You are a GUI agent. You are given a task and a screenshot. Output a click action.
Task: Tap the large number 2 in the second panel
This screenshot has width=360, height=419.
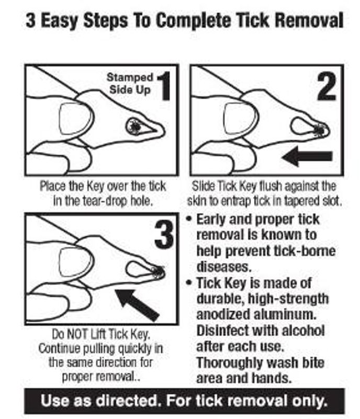click(327, 86)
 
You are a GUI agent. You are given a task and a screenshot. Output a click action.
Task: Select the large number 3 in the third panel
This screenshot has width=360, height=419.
click(164, 235)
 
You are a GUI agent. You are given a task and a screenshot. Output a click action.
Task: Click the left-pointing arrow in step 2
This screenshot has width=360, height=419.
click(307, 156)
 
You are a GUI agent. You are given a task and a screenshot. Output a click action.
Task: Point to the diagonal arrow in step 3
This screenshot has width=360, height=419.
click(137, 305)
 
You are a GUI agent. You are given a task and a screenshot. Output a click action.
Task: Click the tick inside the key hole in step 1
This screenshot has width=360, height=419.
click(135, 127)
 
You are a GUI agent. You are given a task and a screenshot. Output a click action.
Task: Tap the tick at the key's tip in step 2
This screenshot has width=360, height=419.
click(319, 129)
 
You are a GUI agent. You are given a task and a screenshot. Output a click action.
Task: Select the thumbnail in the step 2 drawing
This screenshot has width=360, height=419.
click(241, 118)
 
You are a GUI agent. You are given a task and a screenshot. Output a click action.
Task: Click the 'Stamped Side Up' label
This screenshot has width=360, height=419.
click(130, 84)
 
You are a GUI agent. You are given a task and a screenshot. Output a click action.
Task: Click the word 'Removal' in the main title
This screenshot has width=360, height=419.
click(309, 20)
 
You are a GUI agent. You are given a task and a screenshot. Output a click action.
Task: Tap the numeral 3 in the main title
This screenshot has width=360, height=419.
click(30, 20)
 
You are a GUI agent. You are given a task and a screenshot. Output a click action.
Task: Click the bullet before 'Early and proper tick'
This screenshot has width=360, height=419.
click(189, 219)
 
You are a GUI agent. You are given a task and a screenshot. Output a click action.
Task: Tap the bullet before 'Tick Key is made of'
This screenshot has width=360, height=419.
click(189, 282)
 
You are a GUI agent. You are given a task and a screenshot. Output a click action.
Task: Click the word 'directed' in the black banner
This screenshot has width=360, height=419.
click(127, 401)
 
